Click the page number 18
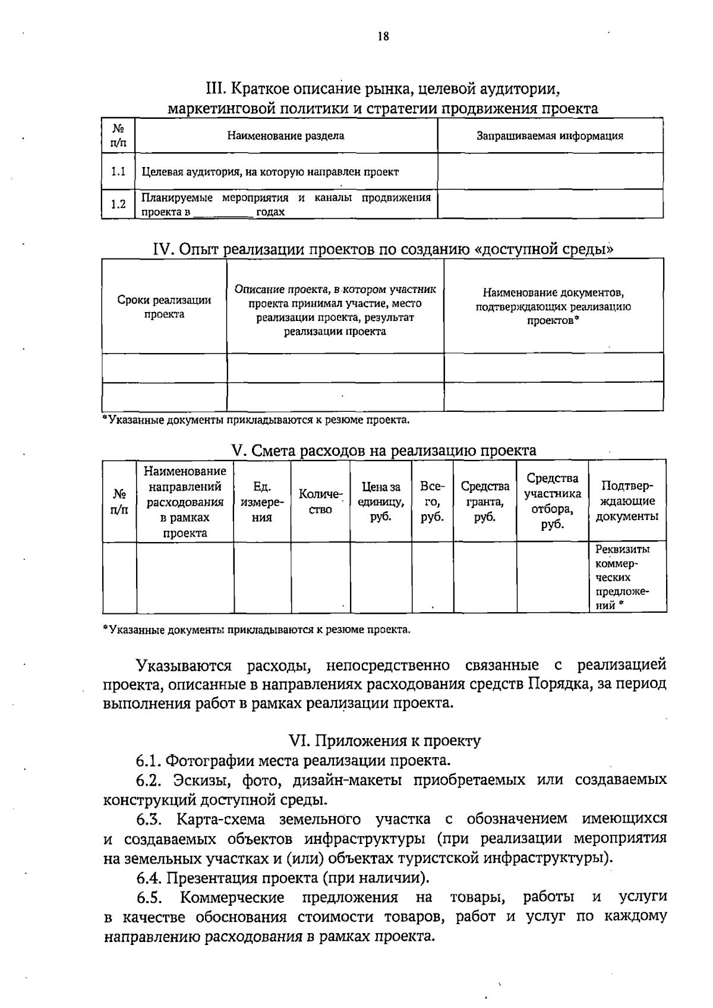(383, 37)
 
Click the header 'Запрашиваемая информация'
(550, 136)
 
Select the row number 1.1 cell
(118, 172)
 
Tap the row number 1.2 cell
(118, 204)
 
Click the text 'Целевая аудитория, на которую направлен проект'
(270, 172)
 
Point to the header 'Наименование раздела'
(286, 136)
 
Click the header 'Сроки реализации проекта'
(164, 307)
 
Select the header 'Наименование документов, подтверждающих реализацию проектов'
(553, 307)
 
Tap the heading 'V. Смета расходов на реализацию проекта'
(383, 451)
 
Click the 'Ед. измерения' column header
(262, 502)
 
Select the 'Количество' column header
(320, 502)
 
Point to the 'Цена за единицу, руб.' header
(381, 502)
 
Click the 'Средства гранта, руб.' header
(485, 502)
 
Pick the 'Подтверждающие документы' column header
(627, 501)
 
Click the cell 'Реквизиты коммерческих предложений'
(622, 577)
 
